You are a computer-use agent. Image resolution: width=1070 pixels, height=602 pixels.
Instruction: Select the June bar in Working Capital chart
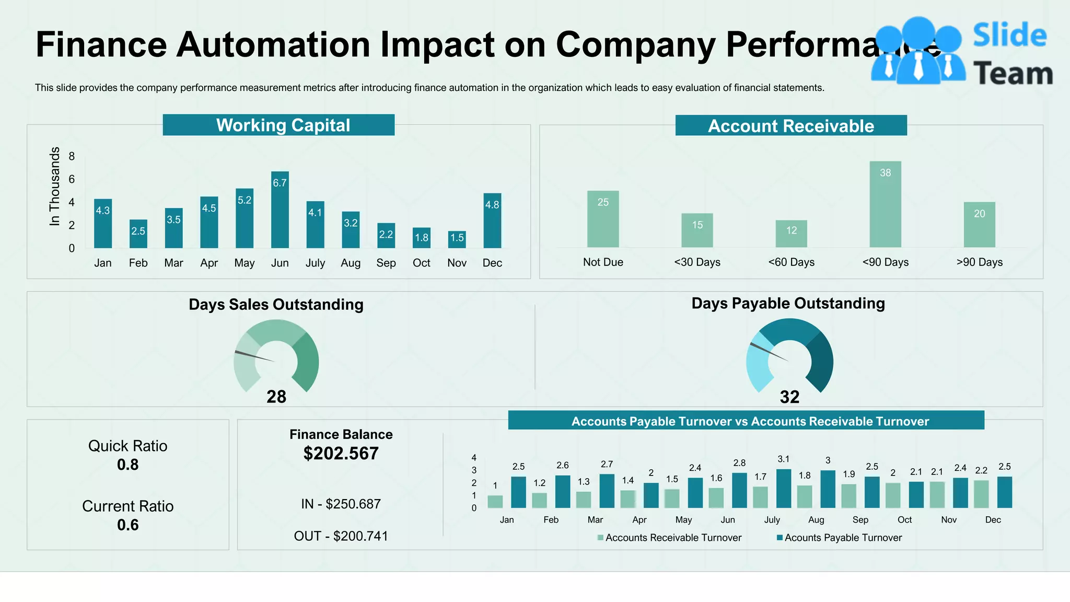click(x=280, y=210)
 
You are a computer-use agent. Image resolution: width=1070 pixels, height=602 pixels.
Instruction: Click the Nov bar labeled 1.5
click(x=457, y=239)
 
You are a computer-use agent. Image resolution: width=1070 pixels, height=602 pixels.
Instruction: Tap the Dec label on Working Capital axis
click(x=492, y=263)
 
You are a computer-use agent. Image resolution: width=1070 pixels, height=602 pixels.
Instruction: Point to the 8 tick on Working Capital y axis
click(x=72, y=156)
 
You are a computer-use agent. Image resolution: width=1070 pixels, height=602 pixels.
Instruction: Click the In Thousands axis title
click(x=54, y=186)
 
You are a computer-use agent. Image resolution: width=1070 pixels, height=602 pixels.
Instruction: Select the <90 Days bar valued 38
click(x=885, y=204)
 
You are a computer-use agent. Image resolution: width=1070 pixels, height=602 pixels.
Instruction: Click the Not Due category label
click(x=603, y=262)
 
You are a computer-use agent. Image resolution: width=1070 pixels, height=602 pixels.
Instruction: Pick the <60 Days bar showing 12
click(x=791, y=234)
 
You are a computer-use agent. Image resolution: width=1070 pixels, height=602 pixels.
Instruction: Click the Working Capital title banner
click(x=278, y=125)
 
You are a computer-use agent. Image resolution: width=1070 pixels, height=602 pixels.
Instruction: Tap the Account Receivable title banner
click(x=790, y=126)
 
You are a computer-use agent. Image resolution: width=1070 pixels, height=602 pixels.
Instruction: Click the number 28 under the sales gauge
click(x=276, y=397)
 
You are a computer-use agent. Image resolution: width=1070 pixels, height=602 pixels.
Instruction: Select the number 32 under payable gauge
click(x=789, y=397)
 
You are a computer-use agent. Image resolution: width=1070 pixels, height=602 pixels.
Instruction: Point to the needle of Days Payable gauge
click(x=769, y=352)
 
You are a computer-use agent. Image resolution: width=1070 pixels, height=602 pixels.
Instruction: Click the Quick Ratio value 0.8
click(x=128, y=465)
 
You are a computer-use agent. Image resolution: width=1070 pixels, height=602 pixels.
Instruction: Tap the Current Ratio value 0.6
click(x=128, y=525)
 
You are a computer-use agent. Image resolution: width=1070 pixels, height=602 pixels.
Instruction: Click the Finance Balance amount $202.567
click(x=341, y=453)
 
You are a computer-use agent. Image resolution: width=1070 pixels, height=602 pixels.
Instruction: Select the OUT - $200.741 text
click(x=341, y=536)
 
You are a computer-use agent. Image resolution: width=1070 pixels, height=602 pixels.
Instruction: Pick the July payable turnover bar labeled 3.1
click(x=784, y=489)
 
